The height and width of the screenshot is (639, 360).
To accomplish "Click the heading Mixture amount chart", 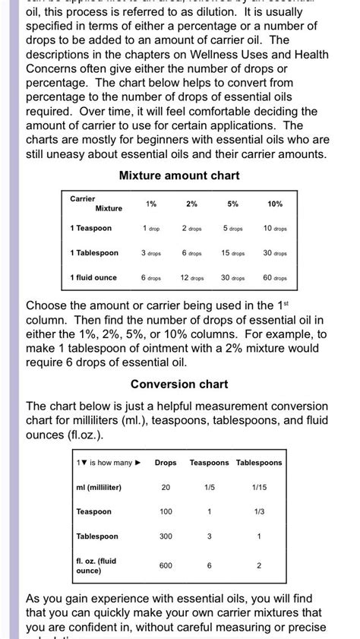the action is click(179, 176).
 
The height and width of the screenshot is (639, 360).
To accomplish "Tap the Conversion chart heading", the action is click(179, 384).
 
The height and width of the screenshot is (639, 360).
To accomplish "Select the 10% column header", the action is click(275, 204).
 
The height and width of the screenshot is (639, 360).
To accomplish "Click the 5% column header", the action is click(232, 204).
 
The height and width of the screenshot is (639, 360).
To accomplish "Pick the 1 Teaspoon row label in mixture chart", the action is click(90, 228).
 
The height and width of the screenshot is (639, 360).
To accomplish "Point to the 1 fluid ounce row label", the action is click(93, 277).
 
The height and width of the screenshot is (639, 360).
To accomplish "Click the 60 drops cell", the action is click(275, 278).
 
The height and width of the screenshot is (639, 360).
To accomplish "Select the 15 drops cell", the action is click(232, 253).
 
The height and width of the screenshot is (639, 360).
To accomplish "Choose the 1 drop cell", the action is click(150, 228).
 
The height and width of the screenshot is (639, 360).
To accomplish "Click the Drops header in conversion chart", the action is click(166, 462).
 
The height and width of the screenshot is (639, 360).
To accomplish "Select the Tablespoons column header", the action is click(259, 462).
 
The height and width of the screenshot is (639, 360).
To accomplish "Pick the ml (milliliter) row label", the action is click(99, 487).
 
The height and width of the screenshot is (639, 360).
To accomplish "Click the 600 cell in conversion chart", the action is click(166, 565).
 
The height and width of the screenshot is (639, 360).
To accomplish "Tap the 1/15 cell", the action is click(259, 487).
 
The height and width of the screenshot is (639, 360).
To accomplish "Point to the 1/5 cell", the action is click(210, 487).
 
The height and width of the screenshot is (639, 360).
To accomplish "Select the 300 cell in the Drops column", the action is click(166, 536).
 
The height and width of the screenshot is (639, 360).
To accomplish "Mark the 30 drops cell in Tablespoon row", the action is click(275, 253).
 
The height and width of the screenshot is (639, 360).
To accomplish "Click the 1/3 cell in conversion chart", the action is click(259, 511).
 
